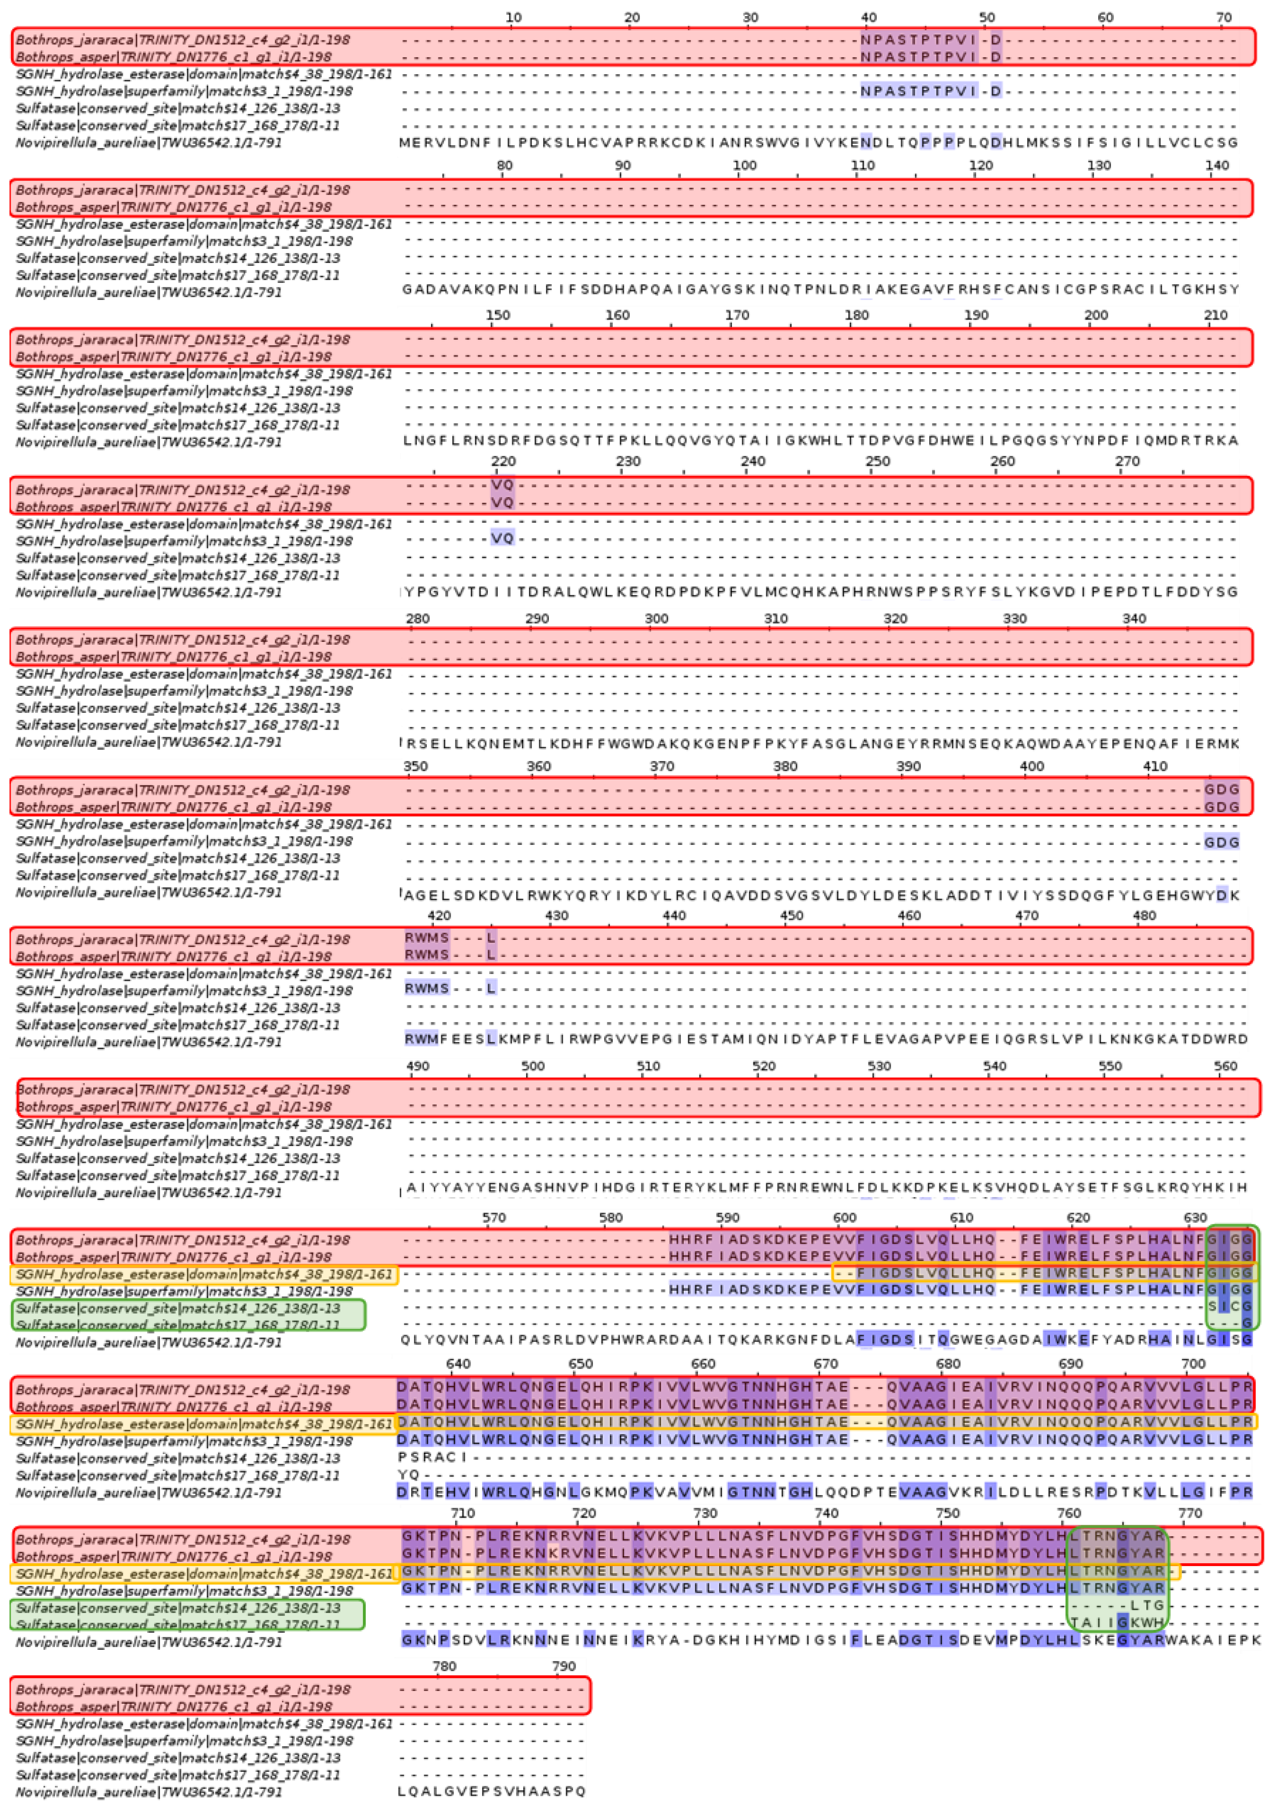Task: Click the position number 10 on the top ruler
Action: pos(513,17)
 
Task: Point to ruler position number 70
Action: pos(1223,17)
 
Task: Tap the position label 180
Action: pos(857,315)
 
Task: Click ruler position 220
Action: pos(503,462)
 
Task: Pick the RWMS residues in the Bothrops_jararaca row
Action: pos(426,938)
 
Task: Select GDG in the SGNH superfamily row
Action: pos(1222,842)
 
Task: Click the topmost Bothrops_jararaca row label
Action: pos(183,40)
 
